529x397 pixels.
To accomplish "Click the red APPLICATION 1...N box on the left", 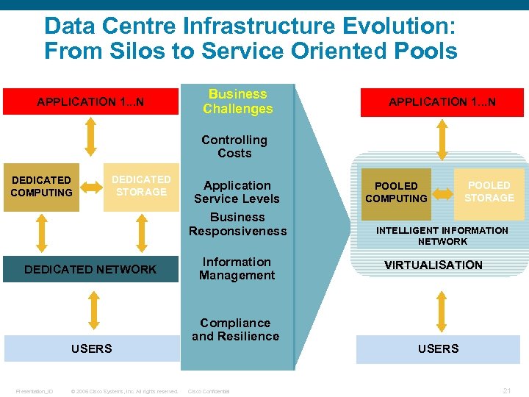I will pos(90,101).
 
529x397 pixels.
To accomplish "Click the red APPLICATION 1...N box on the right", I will pos(442,102).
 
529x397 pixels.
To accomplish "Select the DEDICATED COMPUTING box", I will pos(41,187).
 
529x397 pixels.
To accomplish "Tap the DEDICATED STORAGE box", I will pos(141,186).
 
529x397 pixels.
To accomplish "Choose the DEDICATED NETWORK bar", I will pos(90,269).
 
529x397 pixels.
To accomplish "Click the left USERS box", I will pos(91,348).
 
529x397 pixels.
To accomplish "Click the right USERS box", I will pos(439,348).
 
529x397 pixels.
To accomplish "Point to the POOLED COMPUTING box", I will pos(396,193).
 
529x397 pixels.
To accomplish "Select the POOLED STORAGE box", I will pos(489,192).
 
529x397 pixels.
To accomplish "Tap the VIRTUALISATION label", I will pos(433,265).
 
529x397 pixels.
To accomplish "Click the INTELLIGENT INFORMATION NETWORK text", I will pos(442,235).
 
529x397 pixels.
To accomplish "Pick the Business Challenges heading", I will pos(237,101).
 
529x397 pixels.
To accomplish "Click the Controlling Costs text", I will pos(234,146).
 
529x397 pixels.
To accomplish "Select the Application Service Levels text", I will pos(237,192).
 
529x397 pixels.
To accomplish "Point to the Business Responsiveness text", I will pos(237,224).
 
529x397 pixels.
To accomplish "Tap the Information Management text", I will pos(237,268).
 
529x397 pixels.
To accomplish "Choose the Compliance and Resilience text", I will pos(235,329).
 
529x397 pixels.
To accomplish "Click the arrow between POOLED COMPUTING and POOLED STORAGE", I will pos(442,194).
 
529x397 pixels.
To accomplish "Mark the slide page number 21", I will pos(506,390).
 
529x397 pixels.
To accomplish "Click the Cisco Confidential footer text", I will pos(209,391).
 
